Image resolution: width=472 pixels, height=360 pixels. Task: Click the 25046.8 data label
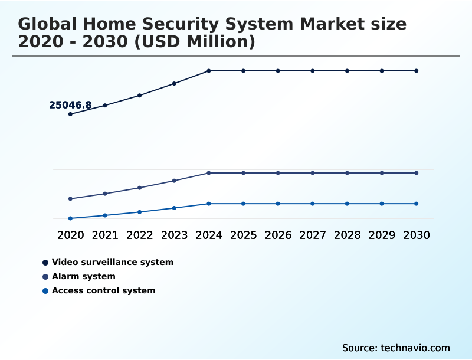click(x=70, y=105)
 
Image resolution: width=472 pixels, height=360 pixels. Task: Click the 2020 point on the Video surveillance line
click(x=71, y=114)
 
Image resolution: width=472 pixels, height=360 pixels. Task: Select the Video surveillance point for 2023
click(x=174, y=83)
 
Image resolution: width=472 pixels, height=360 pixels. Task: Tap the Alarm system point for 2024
click(x=209, y=173)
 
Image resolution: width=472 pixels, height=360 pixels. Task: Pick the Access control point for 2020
click(x=71, y=218)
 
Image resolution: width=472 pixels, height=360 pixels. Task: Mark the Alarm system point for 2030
click(x=416, y=173)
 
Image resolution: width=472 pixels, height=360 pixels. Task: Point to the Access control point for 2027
click(x=313, y=204)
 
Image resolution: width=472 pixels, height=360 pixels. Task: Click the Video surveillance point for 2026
click(x=278, y=71)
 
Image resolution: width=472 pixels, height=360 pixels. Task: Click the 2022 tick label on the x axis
click(x=140, y=235)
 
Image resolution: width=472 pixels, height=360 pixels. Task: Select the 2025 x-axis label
click(x=243, y=235)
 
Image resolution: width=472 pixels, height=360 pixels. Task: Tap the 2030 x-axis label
click(x=416, y=235)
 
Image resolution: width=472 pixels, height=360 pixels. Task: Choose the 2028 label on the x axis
click(x=347, y=235)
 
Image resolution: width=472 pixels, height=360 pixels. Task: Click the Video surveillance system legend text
click(x=113, y=262)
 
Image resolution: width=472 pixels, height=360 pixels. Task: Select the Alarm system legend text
click(x=84, y=276)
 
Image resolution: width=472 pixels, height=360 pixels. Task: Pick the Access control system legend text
click(x=104, y=290)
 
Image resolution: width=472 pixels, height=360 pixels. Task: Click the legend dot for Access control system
click(x=45, y=290)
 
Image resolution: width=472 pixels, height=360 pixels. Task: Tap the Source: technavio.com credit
click(x=396, y=348)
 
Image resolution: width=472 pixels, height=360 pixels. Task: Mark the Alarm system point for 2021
click(x=105, y=194)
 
